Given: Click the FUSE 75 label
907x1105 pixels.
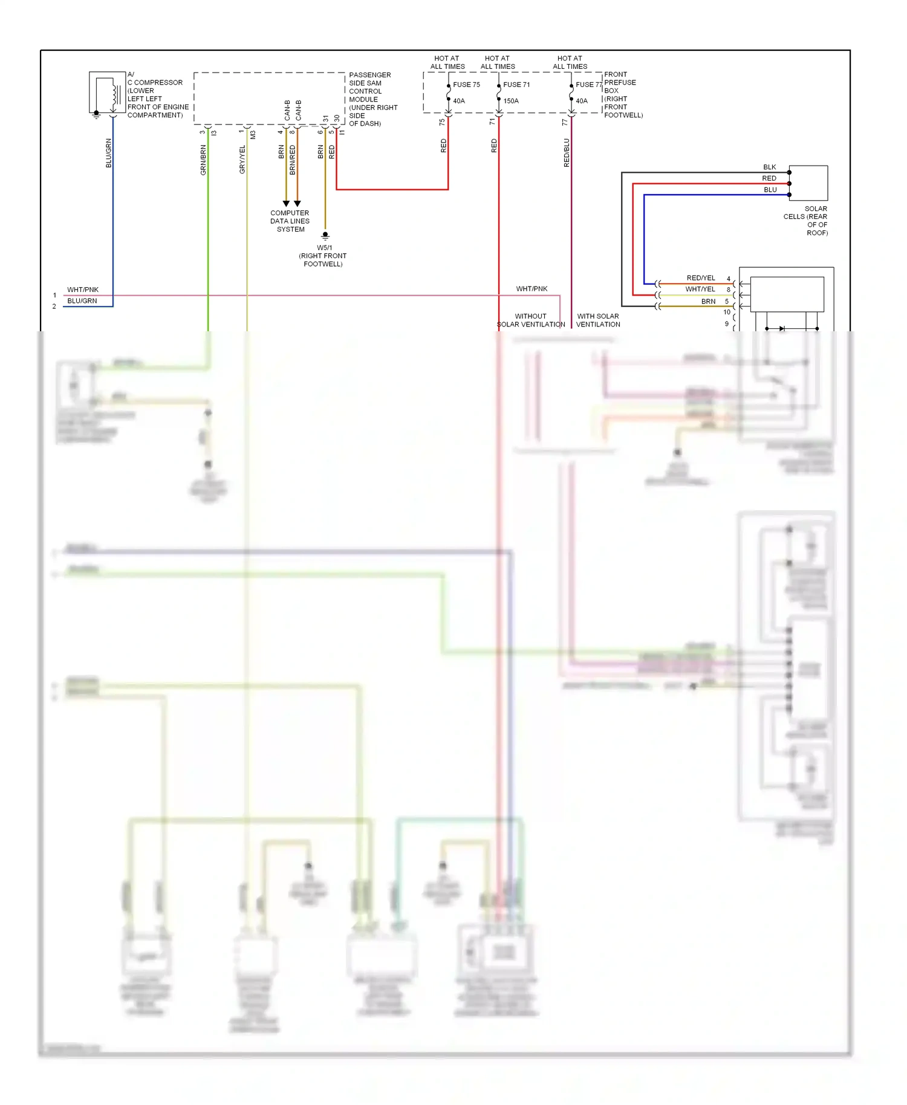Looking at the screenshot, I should (x=466, y=85).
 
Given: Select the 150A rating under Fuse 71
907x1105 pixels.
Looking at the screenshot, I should (x=511, y=101).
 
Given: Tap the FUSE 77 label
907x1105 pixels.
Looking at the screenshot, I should (x=588, y=85).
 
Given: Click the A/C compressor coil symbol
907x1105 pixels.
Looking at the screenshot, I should (x=114, y=94).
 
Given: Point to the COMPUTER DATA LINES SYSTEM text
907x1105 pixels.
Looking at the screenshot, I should (x=290, y=221).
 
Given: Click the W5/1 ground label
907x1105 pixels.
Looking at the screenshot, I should (x=324, y=248).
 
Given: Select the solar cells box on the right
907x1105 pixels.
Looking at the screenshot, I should (x=808, y=183).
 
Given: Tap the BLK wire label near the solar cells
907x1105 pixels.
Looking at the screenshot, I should (x=769, y=167).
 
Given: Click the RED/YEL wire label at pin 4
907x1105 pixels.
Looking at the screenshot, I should (x=700, y=278).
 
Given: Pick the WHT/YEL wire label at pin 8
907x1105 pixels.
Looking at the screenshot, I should (x=700, y=290).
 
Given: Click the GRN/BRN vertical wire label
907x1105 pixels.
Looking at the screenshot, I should (x=203, y=160).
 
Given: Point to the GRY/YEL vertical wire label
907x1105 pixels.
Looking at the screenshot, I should (x=242, y=160).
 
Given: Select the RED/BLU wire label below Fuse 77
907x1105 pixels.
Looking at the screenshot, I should (x=567, y=153).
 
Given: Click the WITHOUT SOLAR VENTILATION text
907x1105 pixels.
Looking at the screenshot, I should (x=531, y=320).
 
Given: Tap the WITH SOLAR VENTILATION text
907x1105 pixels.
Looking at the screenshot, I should (x=598, y=320).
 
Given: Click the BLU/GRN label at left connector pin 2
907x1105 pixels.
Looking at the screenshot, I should (x=82, y=301).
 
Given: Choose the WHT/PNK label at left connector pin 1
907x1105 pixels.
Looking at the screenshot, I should (x=82, y=290).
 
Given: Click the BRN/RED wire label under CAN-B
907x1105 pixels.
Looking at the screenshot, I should (x=293, y=160).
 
